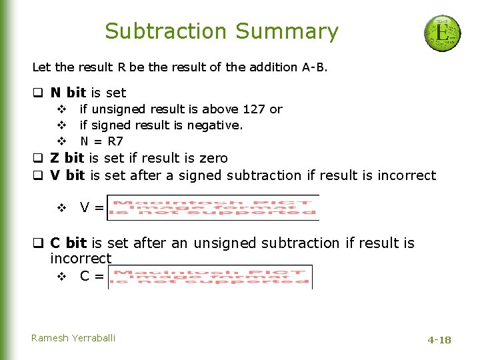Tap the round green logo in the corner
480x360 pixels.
(442, 33)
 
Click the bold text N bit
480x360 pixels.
(68, 93)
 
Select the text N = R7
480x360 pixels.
(101, 141)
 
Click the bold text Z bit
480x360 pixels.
(67, 158)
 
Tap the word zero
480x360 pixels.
(213, 158)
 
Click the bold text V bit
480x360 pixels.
(67, 175)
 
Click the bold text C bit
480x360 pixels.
(68, 243)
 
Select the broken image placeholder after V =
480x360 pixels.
(213, 207)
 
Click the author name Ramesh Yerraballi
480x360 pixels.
(73, 338)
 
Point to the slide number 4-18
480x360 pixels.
(439, 340)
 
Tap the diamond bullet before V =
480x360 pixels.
(61, 208)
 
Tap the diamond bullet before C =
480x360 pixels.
(61, 275)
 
